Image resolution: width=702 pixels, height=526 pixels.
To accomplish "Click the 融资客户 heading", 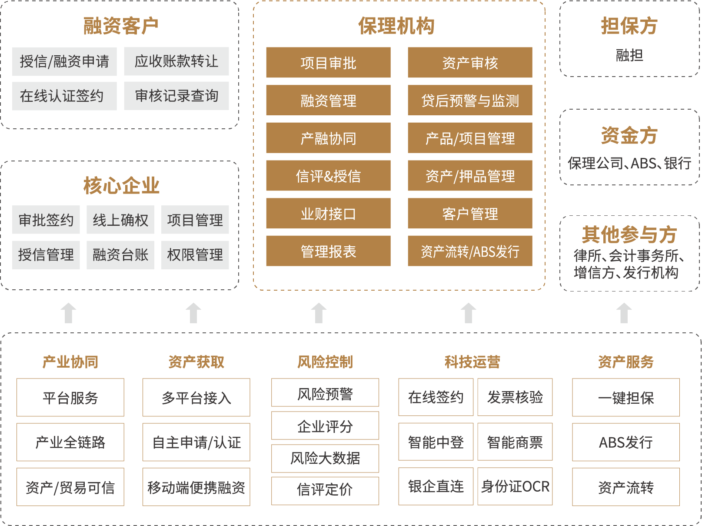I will pos(121,26).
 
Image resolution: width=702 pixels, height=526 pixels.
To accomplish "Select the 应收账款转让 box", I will pos(176,61).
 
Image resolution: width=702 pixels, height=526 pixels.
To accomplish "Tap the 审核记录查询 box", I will pos(176,96).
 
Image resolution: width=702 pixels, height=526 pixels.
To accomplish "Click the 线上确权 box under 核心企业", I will pos(120,220).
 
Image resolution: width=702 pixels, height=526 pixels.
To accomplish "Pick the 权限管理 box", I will pos(195,255).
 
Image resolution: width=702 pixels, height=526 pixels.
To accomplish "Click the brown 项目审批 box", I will pos(328,63).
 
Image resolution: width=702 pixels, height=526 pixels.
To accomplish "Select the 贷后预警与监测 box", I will pos(470,101).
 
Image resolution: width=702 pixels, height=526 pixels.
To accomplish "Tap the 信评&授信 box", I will pos(328,176).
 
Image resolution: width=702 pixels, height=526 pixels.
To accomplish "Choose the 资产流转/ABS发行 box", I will pos(470,251).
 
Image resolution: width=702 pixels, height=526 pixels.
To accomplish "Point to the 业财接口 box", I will pos(328,214).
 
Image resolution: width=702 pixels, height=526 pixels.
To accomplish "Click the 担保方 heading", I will pos(629,26).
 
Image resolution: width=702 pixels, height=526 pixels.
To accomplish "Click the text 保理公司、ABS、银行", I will pos(629,164).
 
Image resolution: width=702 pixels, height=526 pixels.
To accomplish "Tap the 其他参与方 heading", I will pos(629,235).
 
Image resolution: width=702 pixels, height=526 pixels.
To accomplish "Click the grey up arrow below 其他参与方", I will pos(624,313).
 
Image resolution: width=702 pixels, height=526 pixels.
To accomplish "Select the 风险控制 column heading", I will pos(325,362).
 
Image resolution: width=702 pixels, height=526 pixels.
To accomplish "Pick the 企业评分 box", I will pos(325,426).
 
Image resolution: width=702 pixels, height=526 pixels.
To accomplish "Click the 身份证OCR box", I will pos(515,486).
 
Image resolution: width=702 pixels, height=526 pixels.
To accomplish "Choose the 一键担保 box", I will pos(625,398).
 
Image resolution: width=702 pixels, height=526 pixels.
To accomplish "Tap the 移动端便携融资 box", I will pos(196,487).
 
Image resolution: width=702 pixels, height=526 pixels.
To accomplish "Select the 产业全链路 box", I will pos(70,442).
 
